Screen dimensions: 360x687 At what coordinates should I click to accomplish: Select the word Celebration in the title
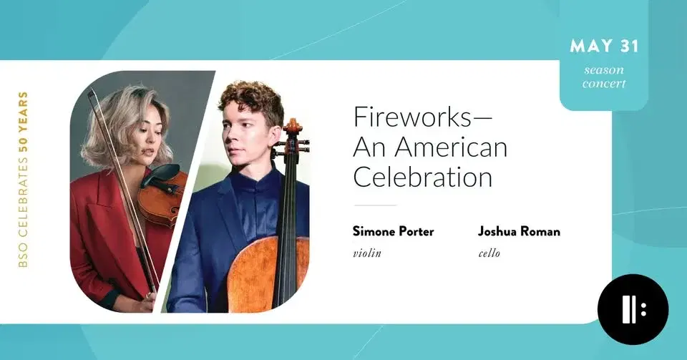423,177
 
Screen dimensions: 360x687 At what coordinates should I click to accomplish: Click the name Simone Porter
393,231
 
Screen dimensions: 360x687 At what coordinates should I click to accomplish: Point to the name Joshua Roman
519,231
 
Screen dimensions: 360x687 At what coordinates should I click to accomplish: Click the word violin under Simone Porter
366,253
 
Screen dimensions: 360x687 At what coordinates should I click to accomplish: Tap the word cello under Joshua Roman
489,253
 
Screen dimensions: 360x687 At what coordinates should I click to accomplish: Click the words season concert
604,77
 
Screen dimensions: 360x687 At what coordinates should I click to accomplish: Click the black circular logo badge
633,309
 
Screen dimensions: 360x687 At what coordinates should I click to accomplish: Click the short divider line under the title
375,205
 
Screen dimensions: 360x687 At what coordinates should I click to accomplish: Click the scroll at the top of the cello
292,129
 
